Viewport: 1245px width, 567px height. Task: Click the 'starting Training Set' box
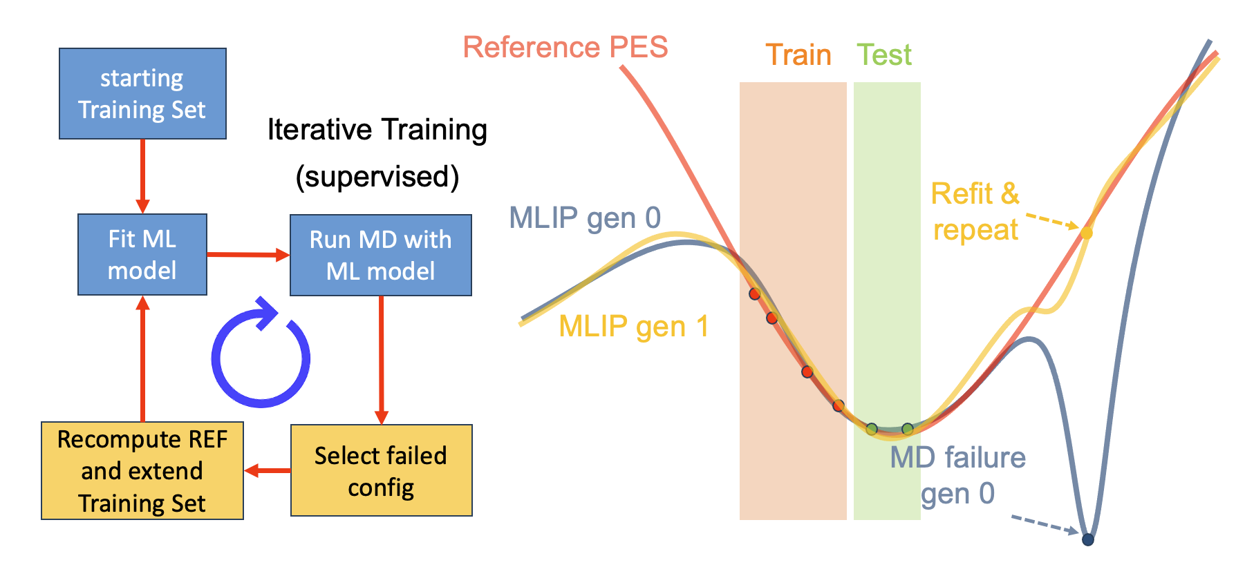point(142,94)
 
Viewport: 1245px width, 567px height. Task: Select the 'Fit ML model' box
point(142,254)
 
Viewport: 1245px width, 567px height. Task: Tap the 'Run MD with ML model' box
point(380,255)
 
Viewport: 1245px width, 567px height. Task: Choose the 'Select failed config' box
point(381,470)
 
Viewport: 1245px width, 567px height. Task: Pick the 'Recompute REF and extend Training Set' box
point(142,470)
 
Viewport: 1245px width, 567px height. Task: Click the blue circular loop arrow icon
point(261,356)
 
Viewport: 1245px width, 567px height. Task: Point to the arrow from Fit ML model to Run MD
point(248,255)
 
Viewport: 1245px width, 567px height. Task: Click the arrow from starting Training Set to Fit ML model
point(142,176)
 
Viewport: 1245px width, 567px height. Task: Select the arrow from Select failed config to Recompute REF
point(268,470)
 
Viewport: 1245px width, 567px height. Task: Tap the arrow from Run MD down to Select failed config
point(381,359)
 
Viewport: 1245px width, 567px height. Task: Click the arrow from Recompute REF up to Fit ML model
point(142,359)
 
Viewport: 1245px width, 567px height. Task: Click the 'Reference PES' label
point(565,48)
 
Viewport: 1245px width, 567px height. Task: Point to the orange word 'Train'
point(798,55)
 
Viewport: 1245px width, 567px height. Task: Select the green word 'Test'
point(884,55)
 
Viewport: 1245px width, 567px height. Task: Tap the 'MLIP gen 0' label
point(585,218)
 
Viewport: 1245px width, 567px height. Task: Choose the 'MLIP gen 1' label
point(634,327)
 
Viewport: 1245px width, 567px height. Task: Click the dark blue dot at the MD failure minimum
point(1087,539)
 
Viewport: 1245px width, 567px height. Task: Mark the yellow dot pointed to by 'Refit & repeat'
point(1086,233)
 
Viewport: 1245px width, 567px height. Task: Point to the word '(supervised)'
point(377,177)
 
